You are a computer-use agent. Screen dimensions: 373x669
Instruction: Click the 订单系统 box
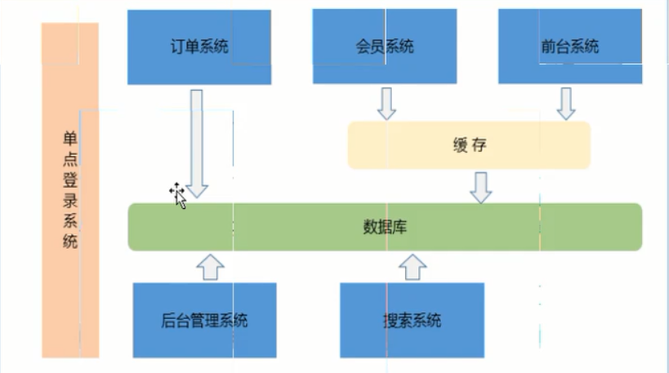pos(198,47)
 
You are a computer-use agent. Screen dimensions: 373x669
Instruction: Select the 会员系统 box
pos(384,47)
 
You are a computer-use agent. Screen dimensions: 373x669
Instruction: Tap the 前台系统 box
pos(569,47)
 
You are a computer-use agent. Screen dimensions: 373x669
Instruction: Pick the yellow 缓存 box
pos(469,145)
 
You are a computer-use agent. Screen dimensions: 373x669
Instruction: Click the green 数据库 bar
pos(385,226)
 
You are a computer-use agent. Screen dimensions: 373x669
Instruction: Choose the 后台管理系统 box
pos(204,319)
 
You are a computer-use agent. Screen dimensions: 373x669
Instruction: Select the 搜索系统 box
pos(412,319)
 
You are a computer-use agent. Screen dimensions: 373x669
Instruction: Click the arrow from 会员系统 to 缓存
pos(386,103)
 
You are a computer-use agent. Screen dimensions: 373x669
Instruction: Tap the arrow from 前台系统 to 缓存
pos(566,103)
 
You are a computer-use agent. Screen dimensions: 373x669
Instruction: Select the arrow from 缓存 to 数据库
pos(481,187)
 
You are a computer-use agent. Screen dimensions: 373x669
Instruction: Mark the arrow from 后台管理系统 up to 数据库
pos(210,266)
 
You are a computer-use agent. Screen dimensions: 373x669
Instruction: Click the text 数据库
pos(385,226)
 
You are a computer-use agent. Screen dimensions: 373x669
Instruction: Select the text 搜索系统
pos(411,319)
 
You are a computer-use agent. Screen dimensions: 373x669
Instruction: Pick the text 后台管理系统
pos(204,319)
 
